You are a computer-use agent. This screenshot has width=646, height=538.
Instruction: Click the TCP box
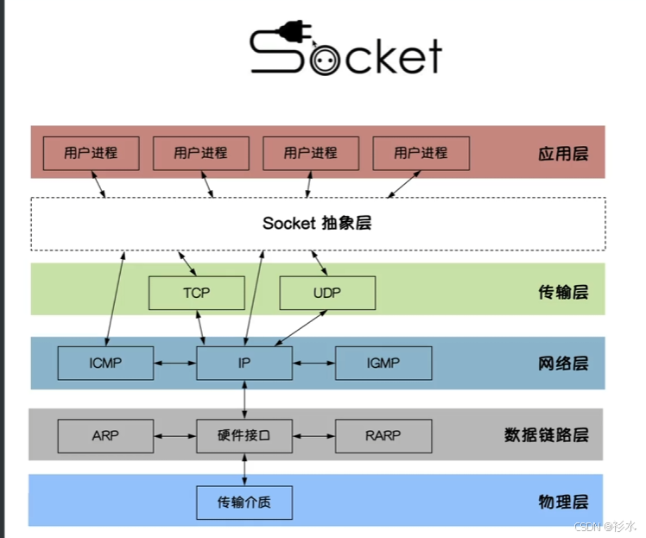tap(196, 293)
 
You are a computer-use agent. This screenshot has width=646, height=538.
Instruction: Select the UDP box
tap(327, 293)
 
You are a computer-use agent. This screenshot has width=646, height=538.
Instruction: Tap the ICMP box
tap(105, 363)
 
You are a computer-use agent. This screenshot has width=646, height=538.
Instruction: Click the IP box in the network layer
tap(244, 363)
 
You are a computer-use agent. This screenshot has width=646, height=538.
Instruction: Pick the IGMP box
tap(383, 363)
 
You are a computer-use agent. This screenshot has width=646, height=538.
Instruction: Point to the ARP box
tap(105, 435)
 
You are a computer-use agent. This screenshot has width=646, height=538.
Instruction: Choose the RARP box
tap(383, 435)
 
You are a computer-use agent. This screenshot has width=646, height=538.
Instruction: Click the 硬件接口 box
tap(244, 435)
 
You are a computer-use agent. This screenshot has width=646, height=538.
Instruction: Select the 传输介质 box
tap(244, 502)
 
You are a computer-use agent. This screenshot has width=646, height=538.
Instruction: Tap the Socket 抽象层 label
tap(317, 223)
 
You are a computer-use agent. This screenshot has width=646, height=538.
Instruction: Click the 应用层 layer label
tap(562, 154)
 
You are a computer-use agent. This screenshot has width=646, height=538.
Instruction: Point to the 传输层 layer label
tap(562, 292)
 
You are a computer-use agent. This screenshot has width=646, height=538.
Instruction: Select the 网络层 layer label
tap(562, 363)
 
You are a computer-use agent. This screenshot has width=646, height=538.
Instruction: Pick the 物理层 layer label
tap(562, 502)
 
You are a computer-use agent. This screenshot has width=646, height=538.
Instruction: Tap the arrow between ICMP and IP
tap(174, 363)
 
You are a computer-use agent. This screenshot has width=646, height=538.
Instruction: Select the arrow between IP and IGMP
tap(313, 363)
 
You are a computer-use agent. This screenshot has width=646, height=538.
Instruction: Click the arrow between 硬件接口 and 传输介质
tap(244, 468)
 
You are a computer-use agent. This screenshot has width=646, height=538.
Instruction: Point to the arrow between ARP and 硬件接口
tap(174, 435)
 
